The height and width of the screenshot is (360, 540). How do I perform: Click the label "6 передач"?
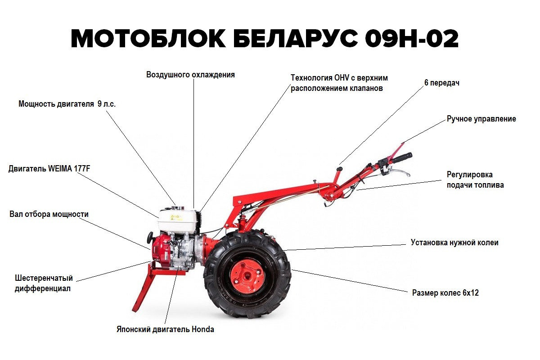pyautogui.click(x=441, y=83)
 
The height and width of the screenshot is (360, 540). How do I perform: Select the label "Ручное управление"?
pyautogui.click(x=481, y=119)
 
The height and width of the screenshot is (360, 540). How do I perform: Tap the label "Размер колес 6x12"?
pyautogui.click(x=445, y=293)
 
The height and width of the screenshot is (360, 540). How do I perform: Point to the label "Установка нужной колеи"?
pyautogui.click(x=454, y=243)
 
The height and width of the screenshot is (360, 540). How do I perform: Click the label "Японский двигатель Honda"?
pyautogui.click(x=165, y=329)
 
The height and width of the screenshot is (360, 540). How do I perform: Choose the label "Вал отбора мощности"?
pyautogui.click(x=49, y=214)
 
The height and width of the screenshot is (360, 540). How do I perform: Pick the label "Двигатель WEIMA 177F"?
pyautogui.click(x=49, y=168)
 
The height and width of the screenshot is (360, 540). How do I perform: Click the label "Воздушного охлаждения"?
pyautogui.click(x=190, y=75)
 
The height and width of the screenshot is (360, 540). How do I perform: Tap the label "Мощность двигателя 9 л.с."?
pyautogui.click(x=67, y=104)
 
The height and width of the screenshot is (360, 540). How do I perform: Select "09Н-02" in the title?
pyautogui.click(x=412, y=39)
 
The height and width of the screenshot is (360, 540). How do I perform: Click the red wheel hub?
pyautogui.click(x=247, y=276)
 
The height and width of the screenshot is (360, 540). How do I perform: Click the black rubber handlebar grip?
pyautogui.click(x=401, y=157)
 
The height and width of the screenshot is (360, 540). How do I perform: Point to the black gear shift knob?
pyautogui.click(x=340, y=169)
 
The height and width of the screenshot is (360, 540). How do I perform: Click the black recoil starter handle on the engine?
pyautogui.click(x=151, y=238)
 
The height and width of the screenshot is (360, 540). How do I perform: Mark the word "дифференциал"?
pyautogui.click(x=43, y=288)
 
